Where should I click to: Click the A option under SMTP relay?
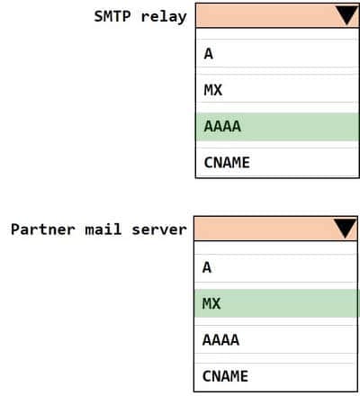[x=209, y=54]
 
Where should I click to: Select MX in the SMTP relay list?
[x=213, y=90]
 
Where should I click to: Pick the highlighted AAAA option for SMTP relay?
[x=222, y=126]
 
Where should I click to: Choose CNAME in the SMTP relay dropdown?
[x=227, y=163]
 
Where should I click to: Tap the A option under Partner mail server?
[x=207, y=267]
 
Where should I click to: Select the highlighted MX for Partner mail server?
[x=211, y=303]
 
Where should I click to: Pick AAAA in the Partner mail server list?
[x=220, y=340]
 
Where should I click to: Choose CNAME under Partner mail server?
[x=225, y=376]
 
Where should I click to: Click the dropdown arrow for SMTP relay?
[x=347, y=15]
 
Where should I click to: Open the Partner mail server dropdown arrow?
[x=346, y=229]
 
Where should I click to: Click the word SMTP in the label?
[x=112, y=16]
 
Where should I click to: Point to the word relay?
[x=164, y=17]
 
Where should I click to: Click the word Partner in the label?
[x=43, y=229]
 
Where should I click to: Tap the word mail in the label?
[x=103, y=229]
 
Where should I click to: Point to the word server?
[x=159, y=230]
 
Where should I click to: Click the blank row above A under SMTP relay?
[x=277, y=33]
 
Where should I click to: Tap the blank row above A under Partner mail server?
[x=275, y=247]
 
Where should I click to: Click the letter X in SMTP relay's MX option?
[x=218, y=90]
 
